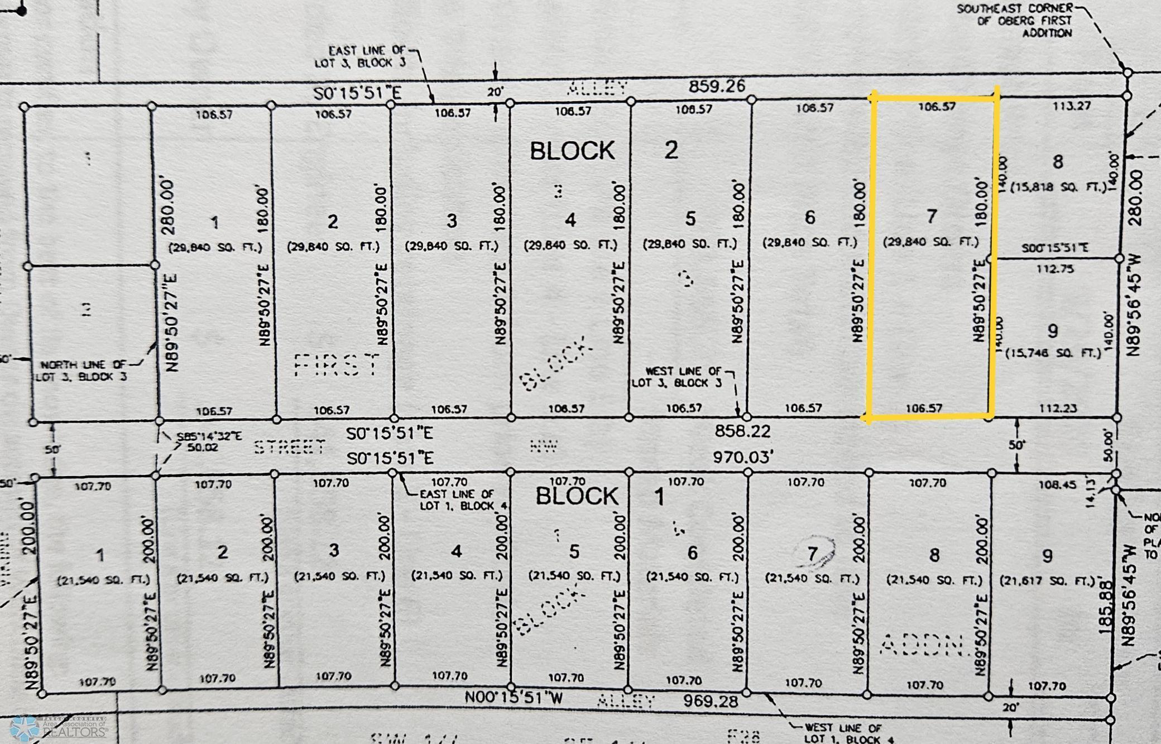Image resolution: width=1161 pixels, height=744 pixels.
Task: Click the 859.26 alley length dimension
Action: coord(717,86)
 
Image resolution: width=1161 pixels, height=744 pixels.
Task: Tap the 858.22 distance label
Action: coord(742,431)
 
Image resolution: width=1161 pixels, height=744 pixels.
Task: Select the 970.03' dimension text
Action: coord(743,458)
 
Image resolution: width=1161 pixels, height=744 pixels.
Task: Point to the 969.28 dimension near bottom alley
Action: coord(710,701)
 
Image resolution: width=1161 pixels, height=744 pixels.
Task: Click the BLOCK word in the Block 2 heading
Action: coord(572,151)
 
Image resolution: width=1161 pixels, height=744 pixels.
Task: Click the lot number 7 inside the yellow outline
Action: coord(931,216)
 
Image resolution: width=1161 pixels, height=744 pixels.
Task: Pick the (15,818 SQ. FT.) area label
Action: coord(1057,187)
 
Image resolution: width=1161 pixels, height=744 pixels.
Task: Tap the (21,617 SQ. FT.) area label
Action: coord(1048,581)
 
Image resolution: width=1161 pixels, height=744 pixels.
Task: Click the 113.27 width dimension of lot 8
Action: coord(1071,105)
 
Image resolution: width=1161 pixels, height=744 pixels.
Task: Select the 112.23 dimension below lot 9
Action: coord(1057,408)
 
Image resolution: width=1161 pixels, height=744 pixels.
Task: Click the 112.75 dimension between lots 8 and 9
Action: coord(1055,268)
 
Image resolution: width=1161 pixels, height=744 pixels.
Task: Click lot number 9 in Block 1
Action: coord(1047,555)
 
